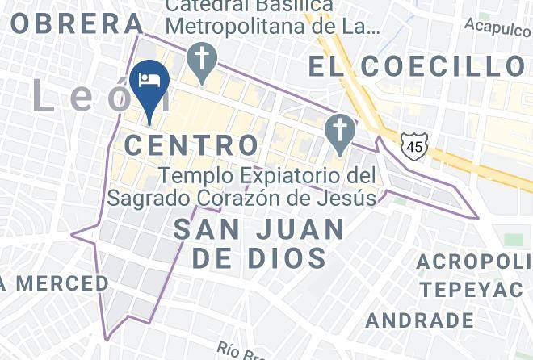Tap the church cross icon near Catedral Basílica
(198, 59)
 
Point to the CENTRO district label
(193, 146)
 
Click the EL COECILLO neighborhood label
(418, 67)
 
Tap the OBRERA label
(73, 23)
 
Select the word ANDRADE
(419, 320)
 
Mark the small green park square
(513, 241)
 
